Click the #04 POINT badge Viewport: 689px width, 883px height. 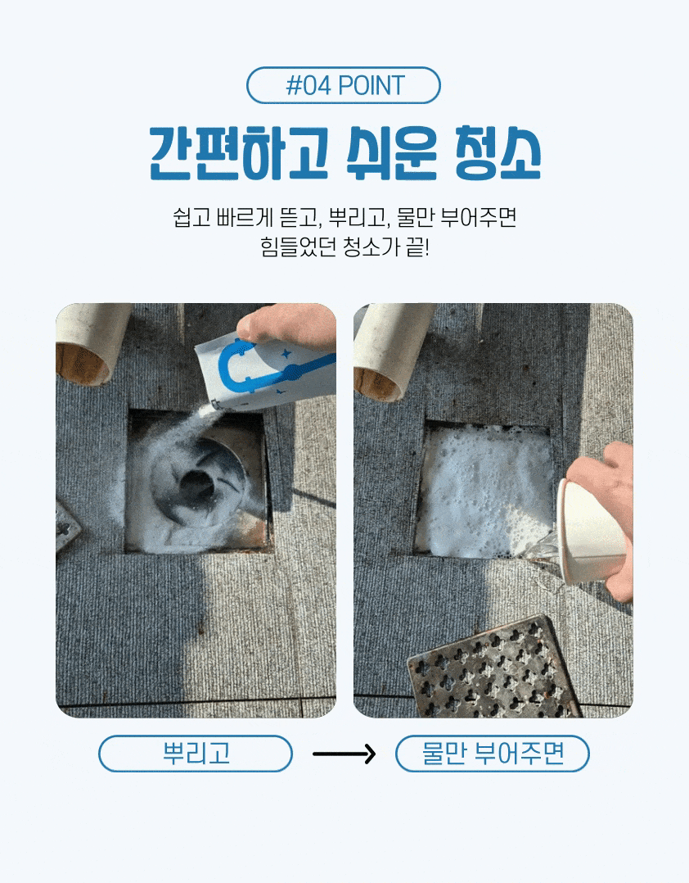click(x=343, y=85)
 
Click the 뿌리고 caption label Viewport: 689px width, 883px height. click(x=196, y=753)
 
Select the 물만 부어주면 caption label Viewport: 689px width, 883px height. click(x=493, y=753)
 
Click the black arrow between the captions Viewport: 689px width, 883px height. click(x=344, y=754)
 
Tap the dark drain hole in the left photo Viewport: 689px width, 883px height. click(x=196, y=484)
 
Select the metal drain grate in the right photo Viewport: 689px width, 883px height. click(x=493, y=668)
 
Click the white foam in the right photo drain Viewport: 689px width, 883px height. click(x=484, y=490)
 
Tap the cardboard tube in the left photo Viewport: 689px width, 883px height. click(x=90, y=342)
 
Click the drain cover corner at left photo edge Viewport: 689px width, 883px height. click(x=65, y=528)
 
